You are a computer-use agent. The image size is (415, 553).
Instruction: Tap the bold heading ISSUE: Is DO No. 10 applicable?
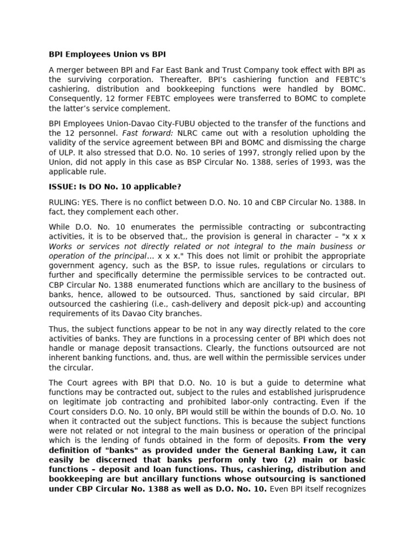pyautogui.click(x=115, y=187)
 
